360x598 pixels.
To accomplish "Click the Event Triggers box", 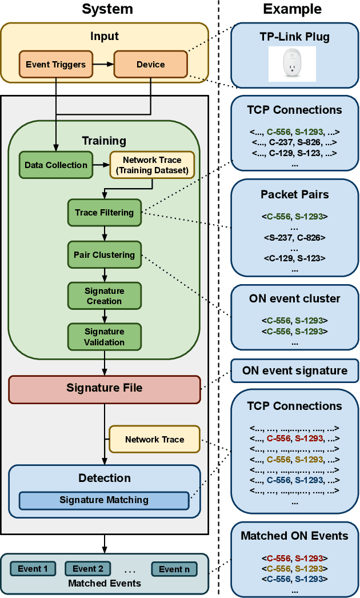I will (56, 65).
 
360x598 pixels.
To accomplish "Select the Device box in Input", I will (150, 65).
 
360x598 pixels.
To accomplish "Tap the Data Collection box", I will (56, 165).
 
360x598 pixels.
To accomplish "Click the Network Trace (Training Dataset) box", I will (151, 165).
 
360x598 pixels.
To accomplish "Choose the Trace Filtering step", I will (104, 213).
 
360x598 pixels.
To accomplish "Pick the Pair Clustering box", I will (104, 255).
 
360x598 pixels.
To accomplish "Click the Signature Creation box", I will (104, 296).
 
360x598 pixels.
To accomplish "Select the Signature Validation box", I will (104, 337).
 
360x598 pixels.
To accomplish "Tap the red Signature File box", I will (104, 388).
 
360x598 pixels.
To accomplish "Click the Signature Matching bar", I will (104, 500).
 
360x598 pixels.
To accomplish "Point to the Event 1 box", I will (33, 569).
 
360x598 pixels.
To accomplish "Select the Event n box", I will (174, 569).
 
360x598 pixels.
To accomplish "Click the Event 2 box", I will (87, 569).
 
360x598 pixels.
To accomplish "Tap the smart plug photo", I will (295, 64).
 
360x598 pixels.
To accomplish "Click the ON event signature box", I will (295, 370).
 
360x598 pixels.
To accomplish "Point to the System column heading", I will (107, 9).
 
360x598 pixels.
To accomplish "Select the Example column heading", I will (292, 9).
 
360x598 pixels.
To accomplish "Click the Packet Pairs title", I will (295, 194).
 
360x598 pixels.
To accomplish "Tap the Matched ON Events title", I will (295, 536).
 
